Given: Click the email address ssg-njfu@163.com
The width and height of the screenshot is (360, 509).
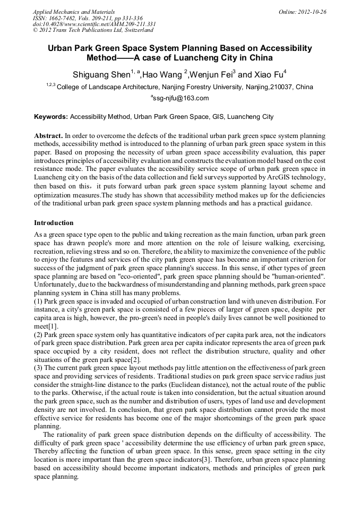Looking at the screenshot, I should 181,98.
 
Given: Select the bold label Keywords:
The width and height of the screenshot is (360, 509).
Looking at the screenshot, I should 51,116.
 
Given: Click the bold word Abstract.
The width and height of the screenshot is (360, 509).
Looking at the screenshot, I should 48,136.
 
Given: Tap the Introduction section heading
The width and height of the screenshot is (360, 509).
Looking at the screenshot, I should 54,223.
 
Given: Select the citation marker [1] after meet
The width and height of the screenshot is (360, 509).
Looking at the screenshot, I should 52,326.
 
